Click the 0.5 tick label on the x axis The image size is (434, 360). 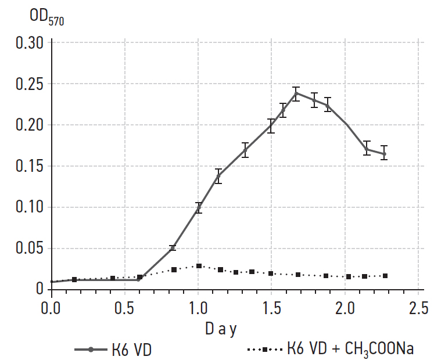click(x=125, y=305)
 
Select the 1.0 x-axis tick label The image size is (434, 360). click(x=198, y=305)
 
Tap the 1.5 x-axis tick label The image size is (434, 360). click(x=271, y=305)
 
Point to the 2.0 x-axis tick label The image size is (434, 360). click(x=345, y=305)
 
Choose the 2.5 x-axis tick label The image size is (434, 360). click(x=418, y=305)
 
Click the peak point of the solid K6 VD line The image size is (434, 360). click(x=296, y=93)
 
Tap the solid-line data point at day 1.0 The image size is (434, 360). click(x=198, y=208)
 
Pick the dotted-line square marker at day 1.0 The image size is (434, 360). click(x=198, y=266)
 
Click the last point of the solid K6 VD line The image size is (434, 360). click(x=383, y=154)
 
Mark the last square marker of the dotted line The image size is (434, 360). click(x=385, y=276)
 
